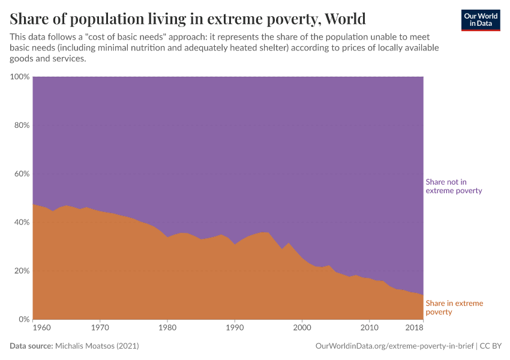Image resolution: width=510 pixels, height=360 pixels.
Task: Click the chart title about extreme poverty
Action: click(188, 18)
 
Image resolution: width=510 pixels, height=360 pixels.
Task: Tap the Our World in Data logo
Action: click(480, 20)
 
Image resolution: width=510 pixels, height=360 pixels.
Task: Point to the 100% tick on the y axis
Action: click(20, 77)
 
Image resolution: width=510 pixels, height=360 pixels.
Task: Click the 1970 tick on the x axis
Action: click(100, 328)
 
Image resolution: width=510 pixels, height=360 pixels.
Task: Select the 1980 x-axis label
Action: click(167, 328)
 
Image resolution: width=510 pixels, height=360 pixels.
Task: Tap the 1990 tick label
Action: click(235, 328)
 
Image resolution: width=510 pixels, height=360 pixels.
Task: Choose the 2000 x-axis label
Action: click(302, 328)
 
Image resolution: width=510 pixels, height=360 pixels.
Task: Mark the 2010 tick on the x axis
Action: click(369, 328)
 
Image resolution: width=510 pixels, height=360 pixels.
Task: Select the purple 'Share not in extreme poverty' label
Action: click(454, 186)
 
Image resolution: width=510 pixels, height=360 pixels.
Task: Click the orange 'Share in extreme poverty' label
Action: click(454, 307)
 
